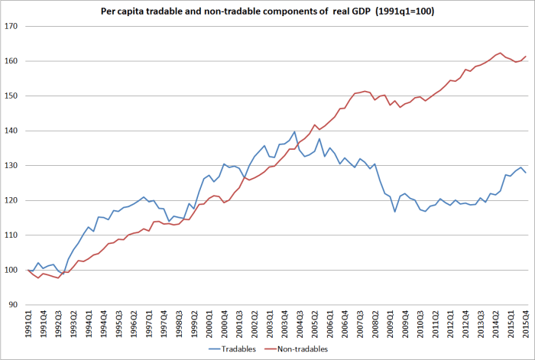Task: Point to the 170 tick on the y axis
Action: [x=17, y=26]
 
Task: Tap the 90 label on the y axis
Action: [x=19, y=305]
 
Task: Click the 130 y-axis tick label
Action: [x=17, y=166]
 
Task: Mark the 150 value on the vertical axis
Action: [x=17, y=96]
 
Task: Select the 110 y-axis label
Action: [x=17, y=235]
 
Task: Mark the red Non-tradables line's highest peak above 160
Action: [x=500, y=53]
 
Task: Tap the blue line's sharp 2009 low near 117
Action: [x=395, y=211]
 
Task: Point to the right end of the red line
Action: [x=526, y=56]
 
